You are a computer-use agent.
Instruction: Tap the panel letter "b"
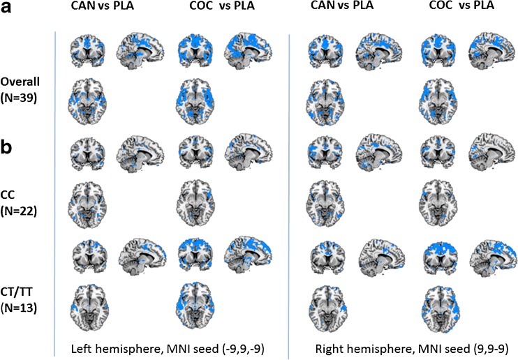[10, 148]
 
